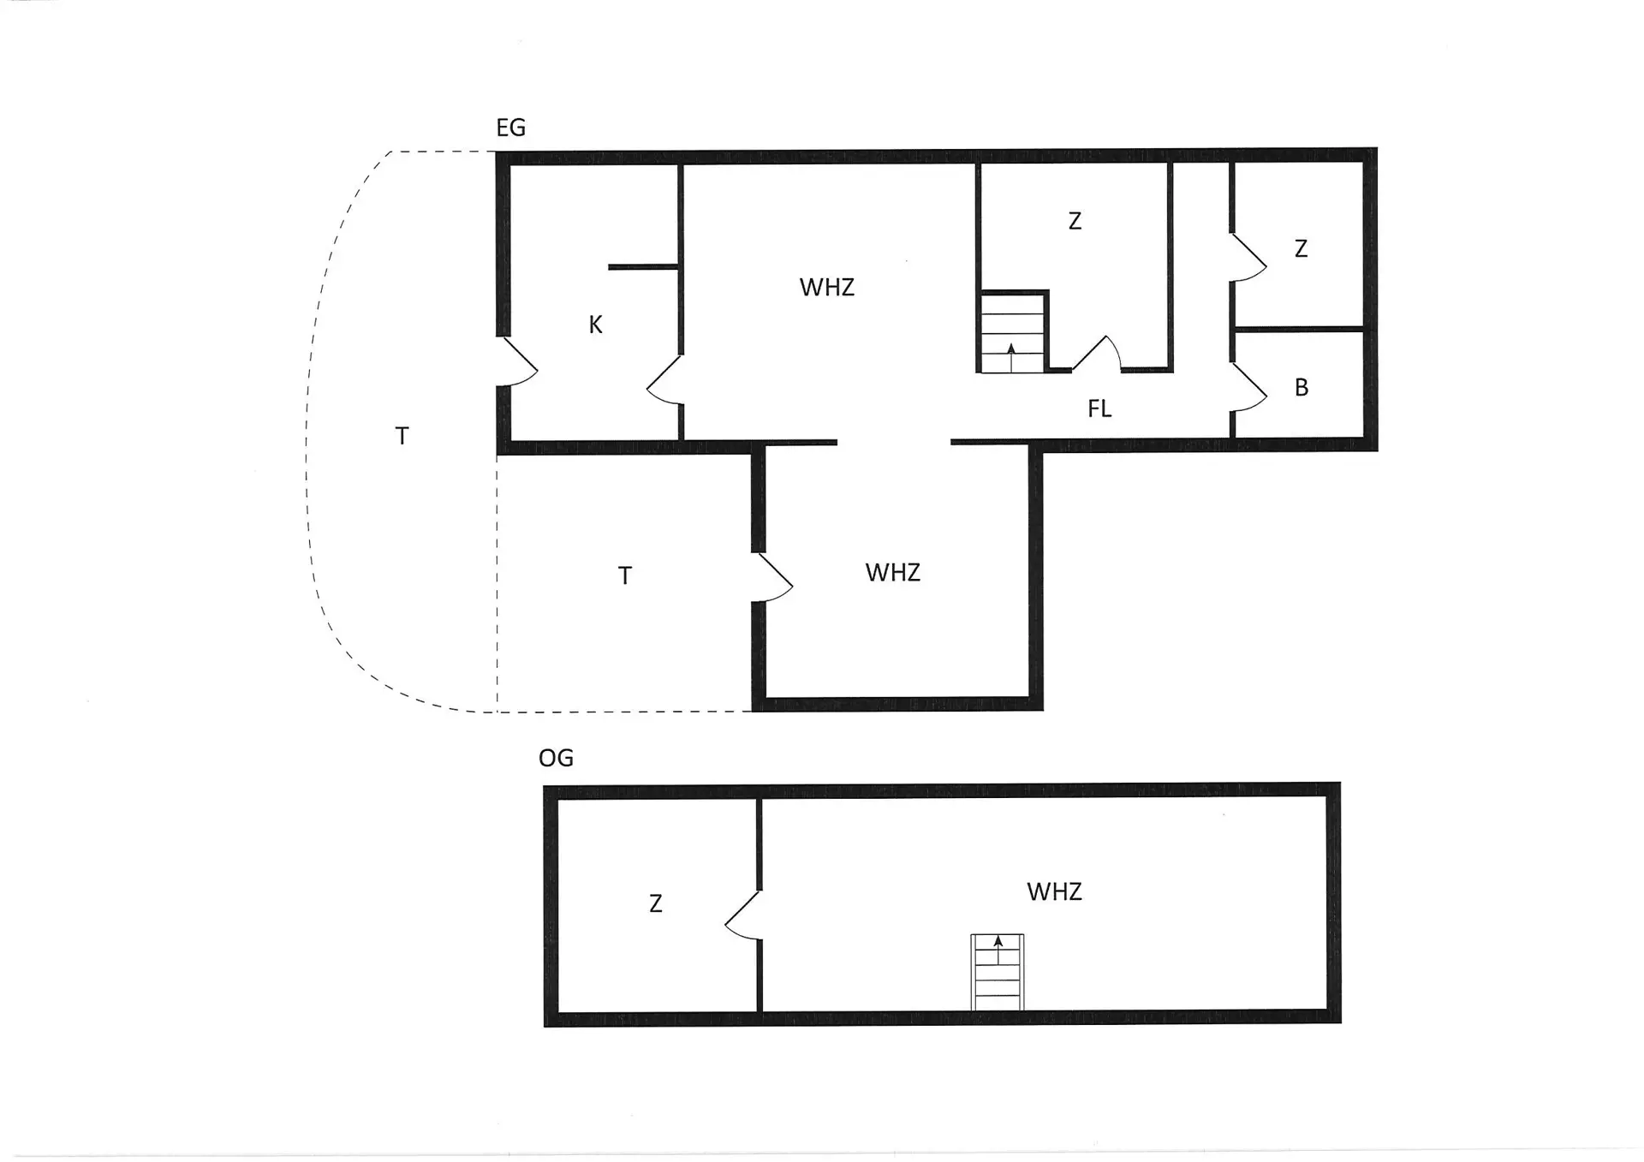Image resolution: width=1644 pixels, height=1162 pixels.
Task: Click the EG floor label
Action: pyautogui.click(x=510, y=128)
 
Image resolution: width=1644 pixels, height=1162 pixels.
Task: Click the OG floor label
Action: pyautogui.click(x=556, y=758)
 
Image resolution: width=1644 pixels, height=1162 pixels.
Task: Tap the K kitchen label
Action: pyautogui.click(x=596, y=325)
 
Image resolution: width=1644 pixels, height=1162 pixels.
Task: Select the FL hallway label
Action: pyautogui.click(x=1099, y=408)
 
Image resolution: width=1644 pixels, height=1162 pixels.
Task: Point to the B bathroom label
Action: pyautogui.click(x=1301, y=388)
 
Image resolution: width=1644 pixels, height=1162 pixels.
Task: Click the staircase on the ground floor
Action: pyautogui.click(x=1013, y=332)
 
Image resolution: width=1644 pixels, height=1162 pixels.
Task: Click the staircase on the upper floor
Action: pyautogui.click(x=998, y=973)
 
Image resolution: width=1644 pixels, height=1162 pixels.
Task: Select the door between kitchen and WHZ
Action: pyautogui.click(x=664, y=379)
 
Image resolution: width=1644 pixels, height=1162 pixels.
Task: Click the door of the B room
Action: pyautogui.click(x=1249, y=388)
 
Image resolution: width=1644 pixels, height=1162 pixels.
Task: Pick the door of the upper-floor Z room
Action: pyautogui.click(x=742, y=915)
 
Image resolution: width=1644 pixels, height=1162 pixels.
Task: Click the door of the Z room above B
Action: pyautogui.click(x=1249, y=256)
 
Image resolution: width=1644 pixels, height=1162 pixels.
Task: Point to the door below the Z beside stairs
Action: pyautogui.click(x=1096, y=353)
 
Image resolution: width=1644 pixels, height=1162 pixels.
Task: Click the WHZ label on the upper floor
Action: pyautogui.click(x=1054, y=892)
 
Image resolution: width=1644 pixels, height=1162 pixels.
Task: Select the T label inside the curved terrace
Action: pyautogui.click(x=402, y=437)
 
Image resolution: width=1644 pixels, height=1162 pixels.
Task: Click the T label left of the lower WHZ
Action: pyautogui.click(x=625, y=576)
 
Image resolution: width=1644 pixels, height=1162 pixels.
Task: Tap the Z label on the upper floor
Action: pyautogui.click(x=656, y=904)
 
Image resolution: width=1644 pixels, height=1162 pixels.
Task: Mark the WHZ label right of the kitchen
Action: pyautogui.click(x=827, y=287)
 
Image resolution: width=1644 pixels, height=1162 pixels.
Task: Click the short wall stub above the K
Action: pyautogui.click(x=644, y=267)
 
